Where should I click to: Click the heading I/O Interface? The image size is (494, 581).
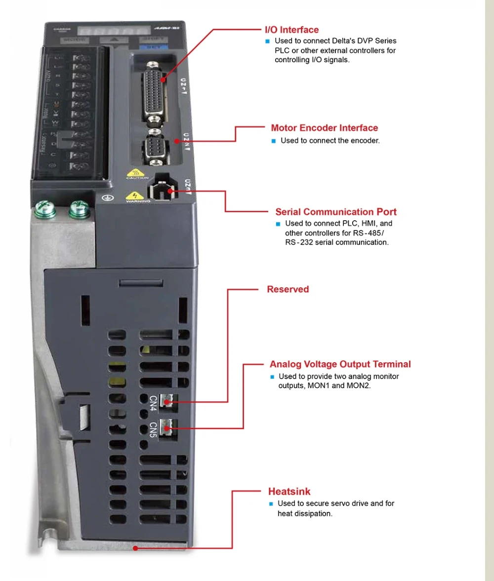pos(292,30)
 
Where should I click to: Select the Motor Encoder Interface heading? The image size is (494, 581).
pos(324,128)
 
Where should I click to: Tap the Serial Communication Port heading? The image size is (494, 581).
pos(336,212)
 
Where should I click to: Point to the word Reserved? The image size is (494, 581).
pos(288,289)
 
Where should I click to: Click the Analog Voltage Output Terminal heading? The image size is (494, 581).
pos(340,364)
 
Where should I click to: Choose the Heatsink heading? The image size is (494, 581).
pos(289,491)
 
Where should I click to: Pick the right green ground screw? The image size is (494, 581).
pos(79,210)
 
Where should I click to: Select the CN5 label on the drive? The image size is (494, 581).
pos(153,428)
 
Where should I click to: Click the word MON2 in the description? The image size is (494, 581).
pos(360,386)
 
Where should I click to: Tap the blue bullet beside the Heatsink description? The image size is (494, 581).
pos(271,504)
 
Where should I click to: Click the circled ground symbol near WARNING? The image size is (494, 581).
pos(104,197)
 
